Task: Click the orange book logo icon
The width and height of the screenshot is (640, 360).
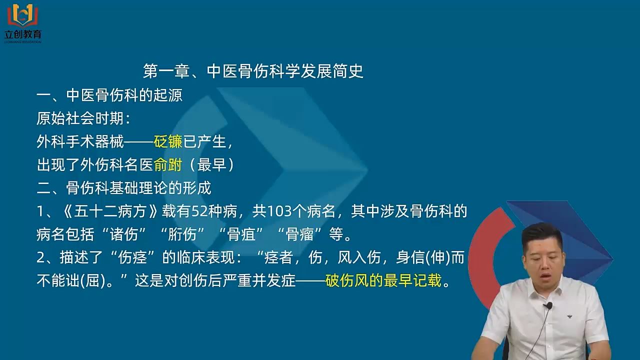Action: click(x=23, y=15)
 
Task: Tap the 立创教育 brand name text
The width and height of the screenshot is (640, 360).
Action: click(x=23, y=34)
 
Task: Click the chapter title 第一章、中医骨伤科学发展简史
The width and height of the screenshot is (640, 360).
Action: click(x=253, y=71)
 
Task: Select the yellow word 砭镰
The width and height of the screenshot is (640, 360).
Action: click(x=168, y=141)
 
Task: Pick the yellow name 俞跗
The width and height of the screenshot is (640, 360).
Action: click(x=168, y=165)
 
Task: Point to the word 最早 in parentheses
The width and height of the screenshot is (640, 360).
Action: click(x=211, y=165)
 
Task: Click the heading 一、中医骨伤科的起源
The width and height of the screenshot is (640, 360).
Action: click(x=109, y=95)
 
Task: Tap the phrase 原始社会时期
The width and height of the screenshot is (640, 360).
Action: click(x=80, y=118)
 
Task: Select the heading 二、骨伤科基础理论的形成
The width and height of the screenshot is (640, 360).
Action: click(x=124, y=188)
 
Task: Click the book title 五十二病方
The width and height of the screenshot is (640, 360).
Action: click(x=110, y=211)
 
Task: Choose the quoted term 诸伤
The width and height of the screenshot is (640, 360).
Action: click(x=124, y=234)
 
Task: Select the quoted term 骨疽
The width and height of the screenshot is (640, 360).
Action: click(x=241, y=234)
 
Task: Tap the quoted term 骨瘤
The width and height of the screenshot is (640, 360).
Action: click(x=300, y=234)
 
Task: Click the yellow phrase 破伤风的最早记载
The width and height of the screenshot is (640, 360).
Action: click(x=383, y=280)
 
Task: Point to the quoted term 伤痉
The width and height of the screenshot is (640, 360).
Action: click(x=132, y=257)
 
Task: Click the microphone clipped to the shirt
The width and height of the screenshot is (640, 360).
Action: click(x=547, y=305)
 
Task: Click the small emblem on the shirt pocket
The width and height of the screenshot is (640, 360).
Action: click(x=569, y=316)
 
